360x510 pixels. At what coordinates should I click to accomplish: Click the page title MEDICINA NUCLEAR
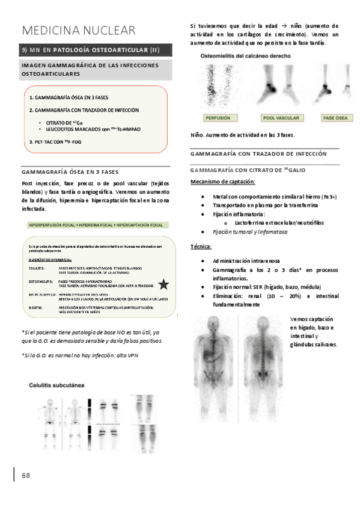(x=78, y=31)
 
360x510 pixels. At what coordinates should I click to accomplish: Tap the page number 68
(x=26, y=475)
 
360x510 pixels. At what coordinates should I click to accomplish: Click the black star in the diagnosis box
(x=163, y=285)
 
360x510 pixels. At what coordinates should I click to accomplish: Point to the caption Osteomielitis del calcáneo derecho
(x=246, y=55)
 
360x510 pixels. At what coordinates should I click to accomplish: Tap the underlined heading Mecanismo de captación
(x=222, y=182)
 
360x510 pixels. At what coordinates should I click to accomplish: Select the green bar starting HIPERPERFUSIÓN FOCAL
(x=96, y=225)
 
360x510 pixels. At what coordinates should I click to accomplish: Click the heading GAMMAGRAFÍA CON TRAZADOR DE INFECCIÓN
(x=258, y=154)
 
